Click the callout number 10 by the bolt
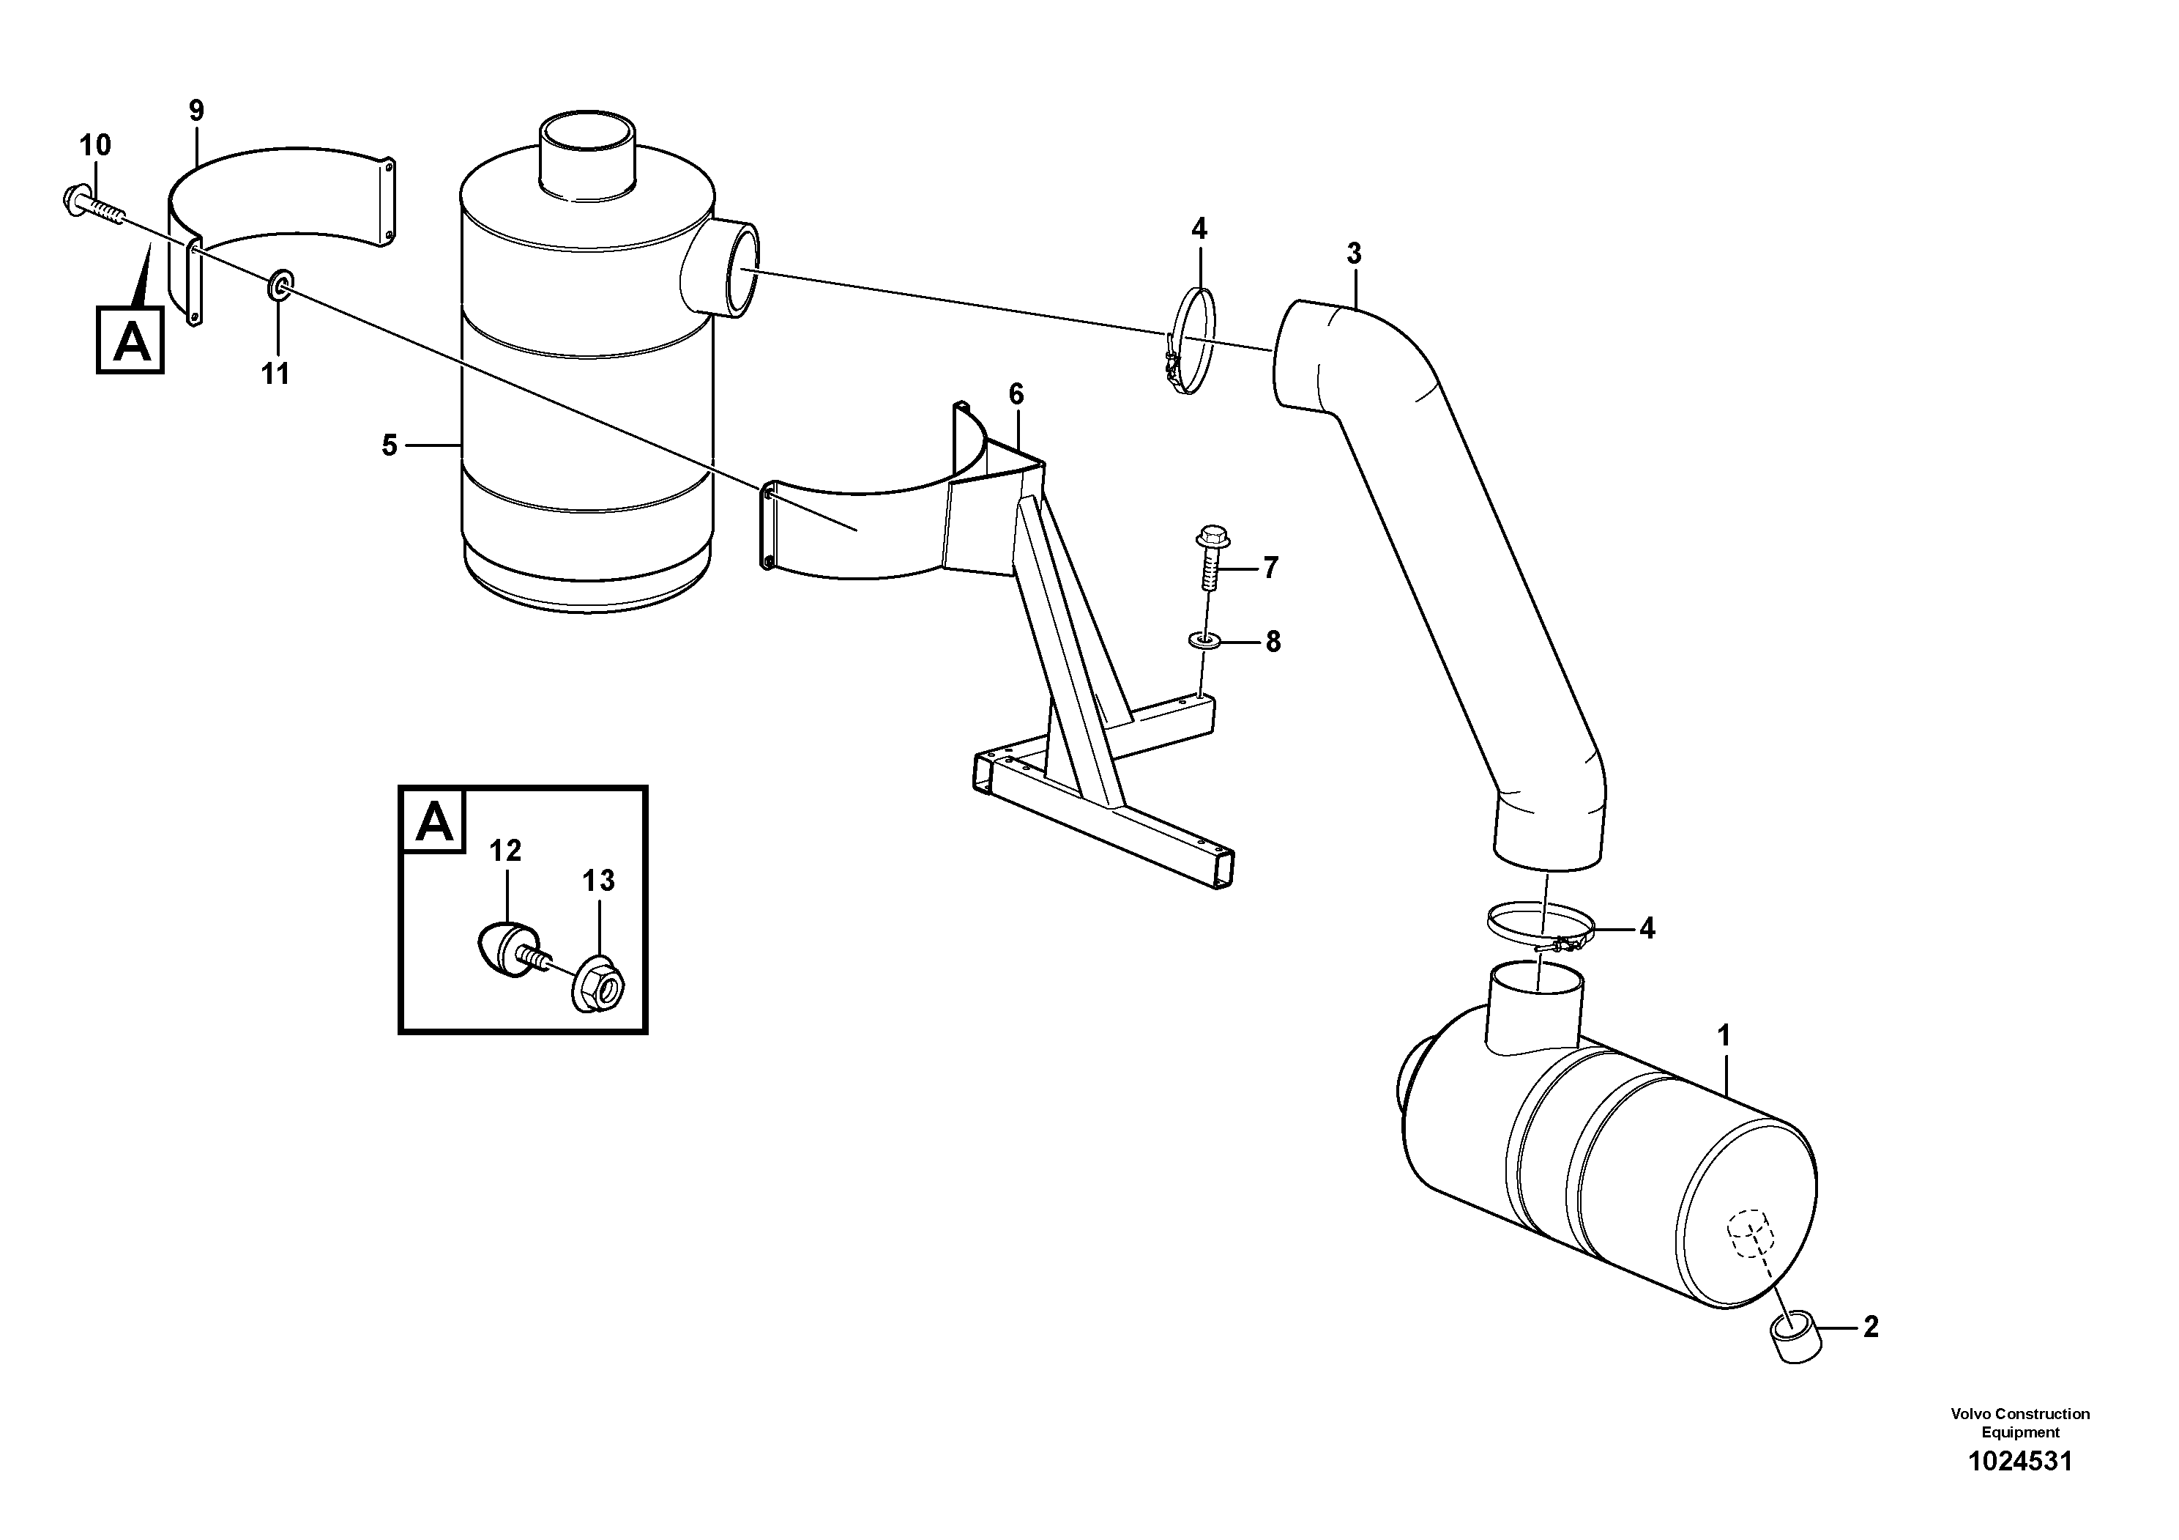tap(95, 145)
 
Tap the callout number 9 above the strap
tap(195, 110)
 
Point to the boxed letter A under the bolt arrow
tap(131, 339)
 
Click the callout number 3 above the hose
tap(1353, 253)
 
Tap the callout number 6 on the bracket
tap(1016, 393)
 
